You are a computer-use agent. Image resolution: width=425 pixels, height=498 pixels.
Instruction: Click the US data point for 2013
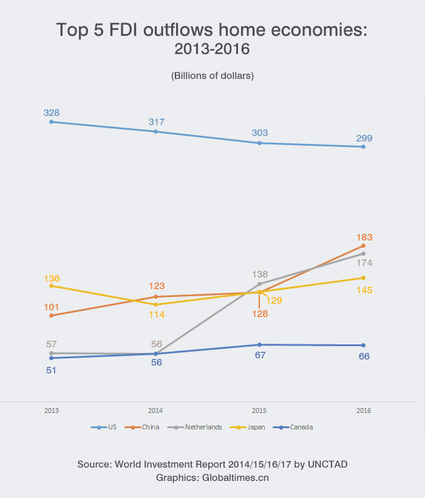[x=52, y=121]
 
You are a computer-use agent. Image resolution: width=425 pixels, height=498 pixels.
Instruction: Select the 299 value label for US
[x=364, y=138]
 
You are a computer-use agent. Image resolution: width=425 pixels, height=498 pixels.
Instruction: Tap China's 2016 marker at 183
[x=364, y=245]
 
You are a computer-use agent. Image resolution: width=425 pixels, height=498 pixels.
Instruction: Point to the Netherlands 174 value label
[x=364, y=263]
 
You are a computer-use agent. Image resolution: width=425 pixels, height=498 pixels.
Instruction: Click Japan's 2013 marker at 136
[x=52, y=285]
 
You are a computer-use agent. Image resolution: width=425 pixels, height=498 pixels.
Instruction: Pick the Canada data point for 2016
[x=364, y=346]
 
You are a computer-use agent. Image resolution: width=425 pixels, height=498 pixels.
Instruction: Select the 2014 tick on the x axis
[x=156, y=411]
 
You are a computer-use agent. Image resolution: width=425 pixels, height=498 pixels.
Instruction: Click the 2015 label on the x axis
[x=260, y=411]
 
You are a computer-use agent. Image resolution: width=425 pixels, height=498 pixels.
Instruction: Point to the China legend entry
[x=145, y=427]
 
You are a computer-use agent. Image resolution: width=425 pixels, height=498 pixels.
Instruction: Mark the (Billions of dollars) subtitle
[x=212, y=76]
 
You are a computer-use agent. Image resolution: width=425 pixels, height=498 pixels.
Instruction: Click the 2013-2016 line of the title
[x=212, y=49]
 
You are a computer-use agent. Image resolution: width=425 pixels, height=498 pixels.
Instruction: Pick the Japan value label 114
[x=156, y=314]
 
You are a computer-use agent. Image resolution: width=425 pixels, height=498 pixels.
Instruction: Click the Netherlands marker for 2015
[x=260, y=284]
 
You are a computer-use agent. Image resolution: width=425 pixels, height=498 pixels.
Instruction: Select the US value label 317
[x=156, y=122]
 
